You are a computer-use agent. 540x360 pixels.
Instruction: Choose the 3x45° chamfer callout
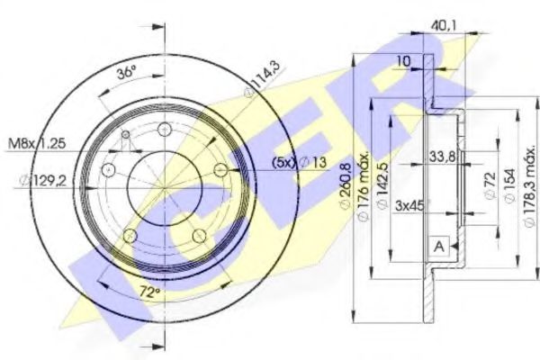point(410,205)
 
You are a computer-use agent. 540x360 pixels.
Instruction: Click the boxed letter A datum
point(439,247)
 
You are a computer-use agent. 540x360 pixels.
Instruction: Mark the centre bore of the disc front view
point(164,188)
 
